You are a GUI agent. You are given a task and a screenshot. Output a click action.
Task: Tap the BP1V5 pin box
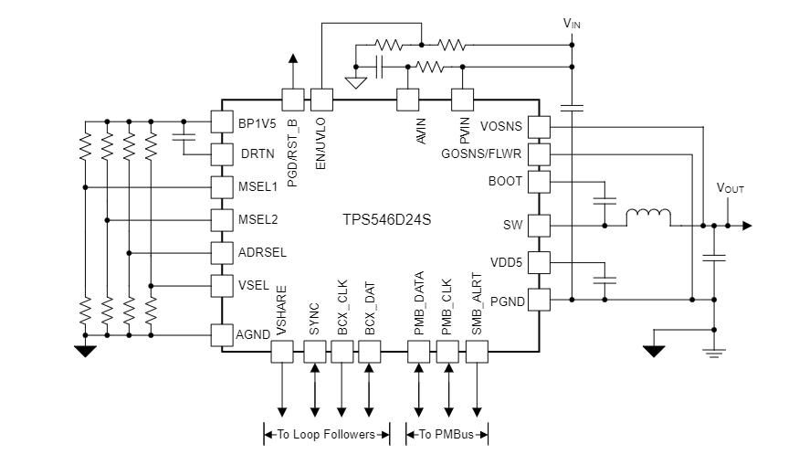tap(222, 122)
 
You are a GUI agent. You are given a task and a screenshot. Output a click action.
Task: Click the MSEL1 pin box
tap(222, 187)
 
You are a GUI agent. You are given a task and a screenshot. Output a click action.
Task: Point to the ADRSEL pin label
tap(262, 252)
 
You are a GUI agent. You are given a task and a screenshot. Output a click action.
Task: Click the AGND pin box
tap(222, 335)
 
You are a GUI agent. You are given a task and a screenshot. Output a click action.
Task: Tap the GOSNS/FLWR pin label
tap(481, 153)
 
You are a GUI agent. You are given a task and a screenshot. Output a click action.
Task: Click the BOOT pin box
tap(540, 182)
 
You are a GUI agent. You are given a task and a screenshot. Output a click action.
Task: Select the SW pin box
tap(540, 225)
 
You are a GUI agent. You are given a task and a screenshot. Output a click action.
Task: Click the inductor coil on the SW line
tap(648, 217)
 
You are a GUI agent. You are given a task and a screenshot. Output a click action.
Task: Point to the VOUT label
tap(730, 188)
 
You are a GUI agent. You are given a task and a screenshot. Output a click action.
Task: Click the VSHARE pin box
tap(282, 351)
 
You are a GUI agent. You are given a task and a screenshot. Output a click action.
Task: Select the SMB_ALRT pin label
tap(477, 302)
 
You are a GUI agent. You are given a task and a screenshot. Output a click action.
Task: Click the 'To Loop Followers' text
tap(326, 434)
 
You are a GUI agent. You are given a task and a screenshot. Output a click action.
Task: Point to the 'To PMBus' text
tap(447, 434)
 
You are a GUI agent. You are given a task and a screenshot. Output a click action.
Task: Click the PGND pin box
tap(540, 299)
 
